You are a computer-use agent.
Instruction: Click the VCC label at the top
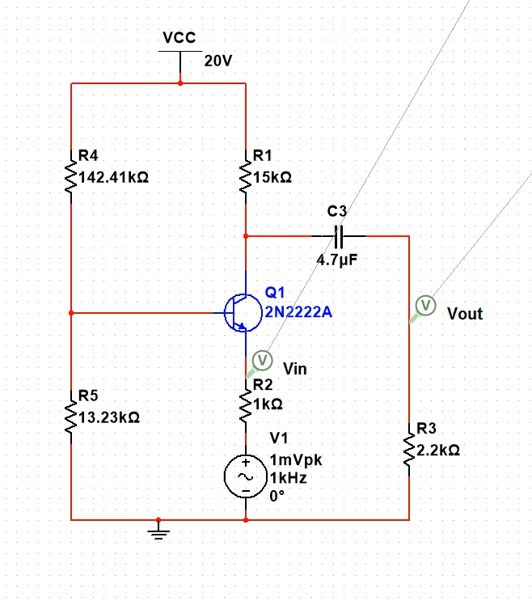[179, 38]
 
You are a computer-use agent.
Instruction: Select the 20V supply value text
[218, 61]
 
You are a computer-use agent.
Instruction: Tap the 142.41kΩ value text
[113, 177]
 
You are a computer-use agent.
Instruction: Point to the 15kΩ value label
[272, 177]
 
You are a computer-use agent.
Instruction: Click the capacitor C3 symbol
[339, 236]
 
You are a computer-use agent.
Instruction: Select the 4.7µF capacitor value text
[337, 262]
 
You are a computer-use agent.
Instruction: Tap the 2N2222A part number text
[298, 311]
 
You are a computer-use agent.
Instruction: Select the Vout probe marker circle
[425, 305]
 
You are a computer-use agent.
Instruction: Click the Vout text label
[465, 314]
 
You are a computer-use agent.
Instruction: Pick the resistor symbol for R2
[246, 408]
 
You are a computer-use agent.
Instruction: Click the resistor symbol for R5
[71, 418]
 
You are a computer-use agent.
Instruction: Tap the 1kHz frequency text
[288, 478]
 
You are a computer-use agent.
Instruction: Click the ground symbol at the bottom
[159, 531]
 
